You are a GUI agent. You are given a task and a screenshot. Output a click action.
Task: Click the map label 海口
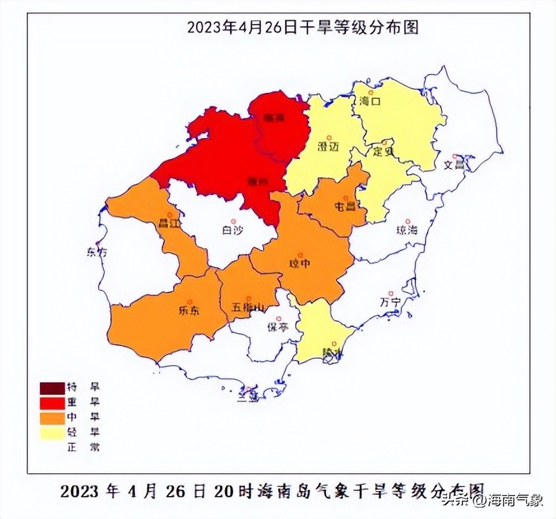click(x=368, y=100)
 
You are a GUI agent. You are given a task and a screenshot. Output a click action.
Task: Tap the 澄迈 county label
click(x=329, y=146)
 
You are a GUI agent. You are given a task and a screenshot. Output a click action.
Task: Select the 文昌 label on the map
click(x=454, y=165)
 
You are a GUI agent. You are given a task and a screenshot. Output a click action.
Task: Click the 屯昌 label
click(x=345, y=206)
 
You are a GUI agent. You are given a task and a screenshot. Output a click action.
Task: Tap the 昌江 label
click(x=169, y=225)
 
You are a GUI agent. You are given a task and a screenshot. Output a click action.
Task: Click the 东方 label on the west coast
click(x=97, y=252)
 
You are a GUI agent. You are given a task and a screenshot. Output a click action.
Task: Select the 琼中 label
click(x=300, y=264)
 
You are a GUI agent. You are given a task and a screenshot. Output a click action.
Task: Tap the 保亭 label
click(x=277, y=328)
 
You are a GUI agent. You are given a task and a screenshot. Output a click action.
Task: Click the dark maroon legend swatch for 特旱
click(x=52, y=388)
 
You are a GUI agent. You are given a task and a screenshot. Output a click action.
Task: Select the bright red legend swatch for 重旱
click(x=52, y=403)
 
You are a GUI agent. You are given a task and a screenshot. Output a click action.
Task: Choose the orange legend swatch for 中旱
click(x=52, y=418)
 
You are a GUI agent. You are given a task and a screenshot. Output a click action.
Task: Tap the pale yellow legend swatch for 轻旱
click(x=52, y=432)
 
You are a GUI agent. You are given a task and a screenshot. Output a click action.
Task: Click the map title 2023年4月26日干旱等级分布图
click(x=302, y=27)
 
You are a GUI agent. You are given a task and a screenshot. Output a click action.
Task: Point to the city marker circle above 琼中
click(x=300, y=255)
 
